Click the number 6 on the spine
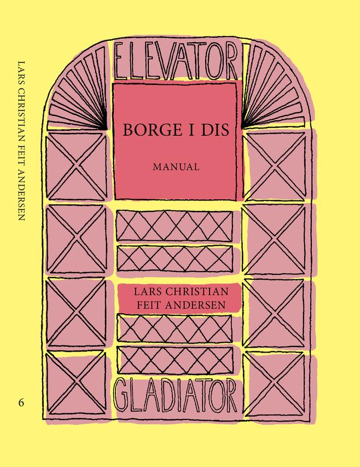[x=21, y=402]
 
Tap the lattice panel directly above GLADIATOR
[x=175, y=360]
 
